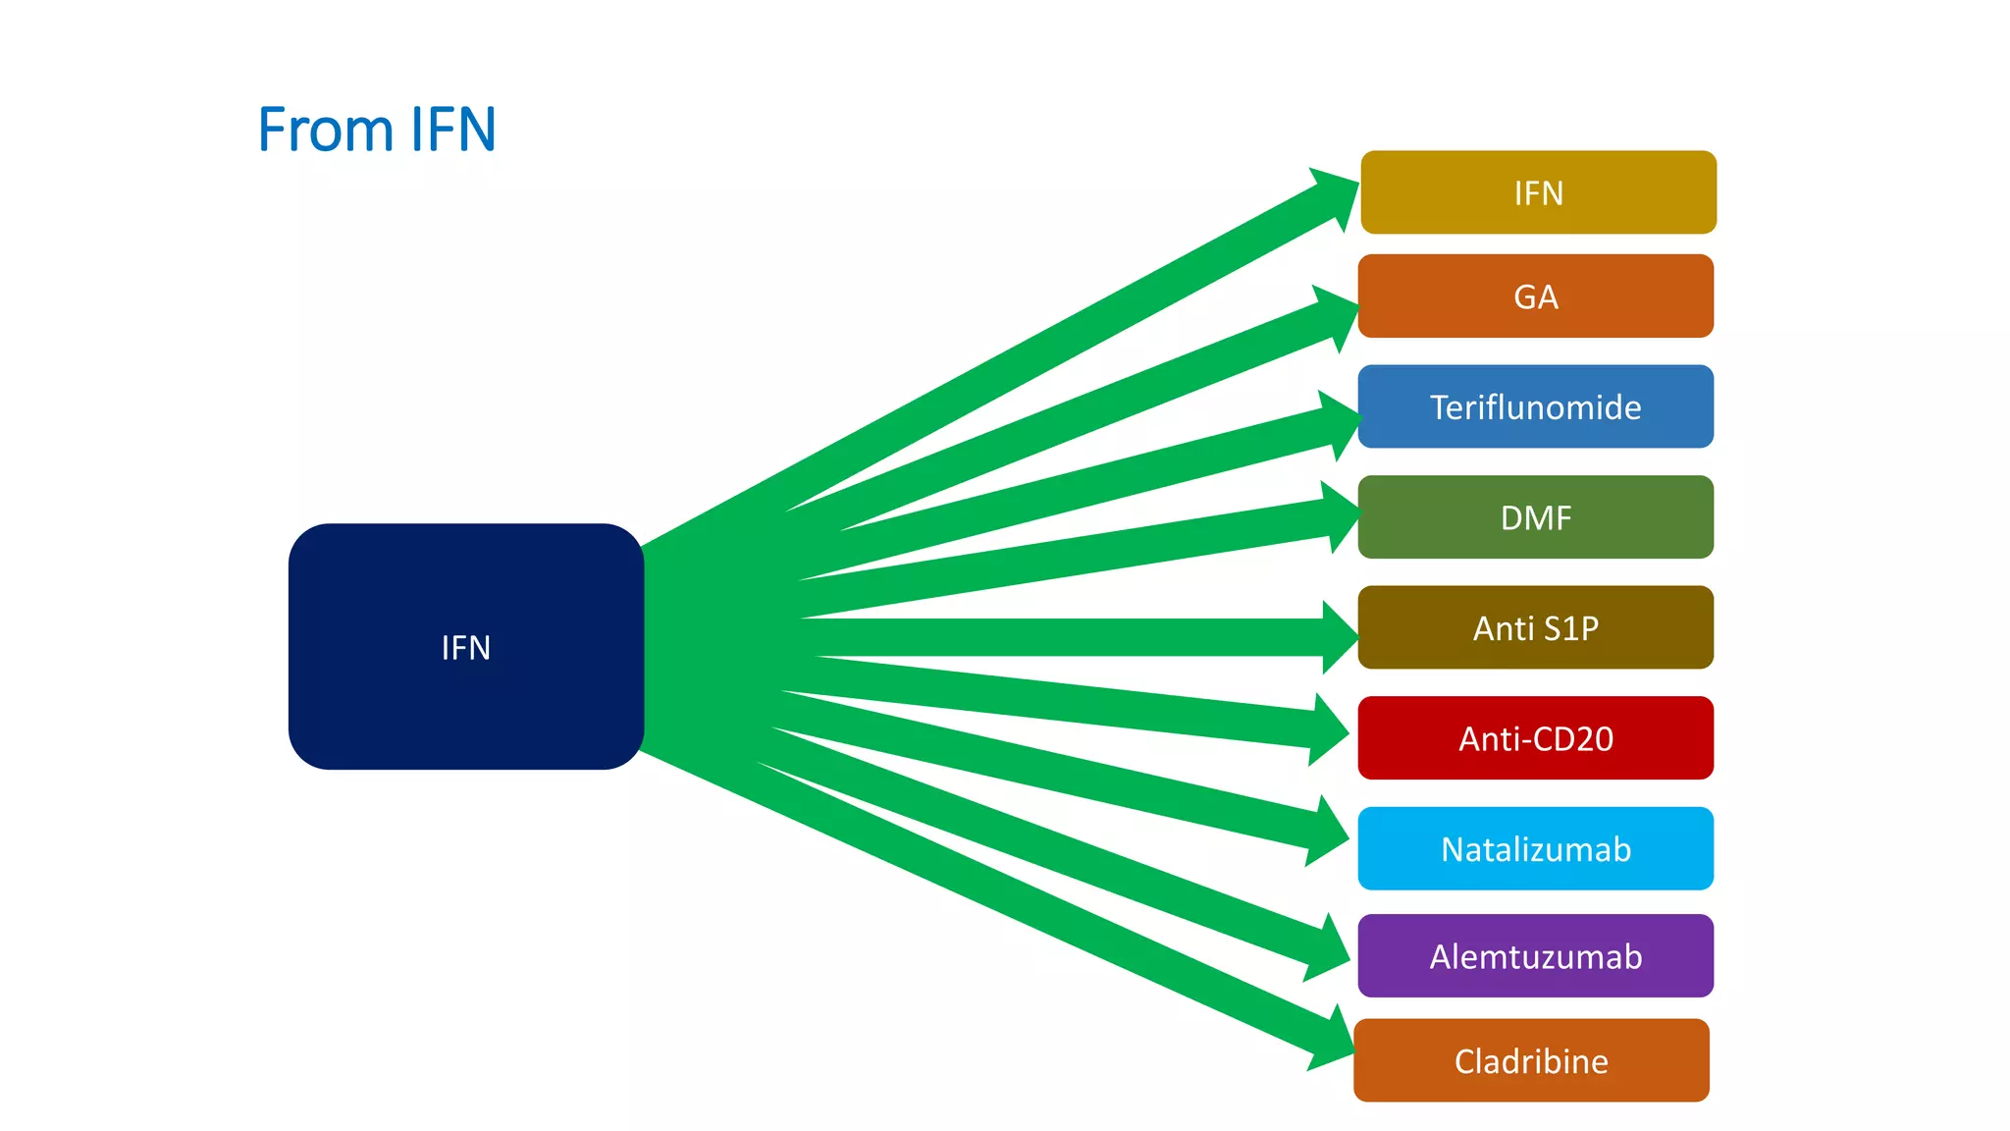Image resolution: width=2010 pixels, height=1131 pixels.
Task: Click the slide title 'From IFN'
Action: (x=377, y=129)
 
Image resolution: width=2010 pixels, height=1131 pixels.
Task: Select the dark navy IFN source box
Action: (x=466, y=646)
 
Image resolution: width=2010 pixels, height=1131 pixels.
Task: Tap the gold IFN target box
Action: (x=1538, y=192)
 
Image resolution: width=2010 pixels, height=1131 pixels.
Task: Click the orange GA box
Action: (x=1536, y=296)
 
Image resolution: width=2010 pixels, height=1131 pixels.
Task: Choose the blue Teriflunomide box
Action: (x=1536, y=406)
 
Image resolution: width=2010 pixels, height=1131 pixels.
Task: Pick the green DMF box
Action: (x=1536, y=517)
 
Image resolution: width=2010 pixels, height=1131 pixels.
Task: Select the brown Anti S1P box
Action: (x=1536, y=627)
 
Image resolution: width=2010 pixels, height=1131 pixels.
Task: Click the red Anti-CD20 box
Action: (x=1536, y=738)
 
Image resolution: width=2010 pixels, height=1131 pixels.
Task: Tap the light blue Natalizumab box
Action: (x=1536, y=848)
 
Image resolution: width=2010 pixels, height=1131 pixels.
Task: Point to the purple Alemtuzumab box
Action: (x=1536, y=956)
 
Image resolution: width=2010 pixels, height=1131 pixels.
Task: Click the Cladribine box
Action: (x=1531, y=1060)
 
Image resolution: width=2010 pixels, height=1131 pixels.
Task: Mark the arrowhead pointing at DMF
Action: (x=1341, y=516)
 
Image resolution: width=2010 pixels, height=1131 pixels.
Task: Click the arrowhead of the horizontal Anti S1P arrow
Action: (x=1339, y=637)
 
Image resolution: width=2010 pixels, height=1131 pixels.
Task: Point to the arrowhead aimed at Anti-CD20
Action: (x=1329, y=729)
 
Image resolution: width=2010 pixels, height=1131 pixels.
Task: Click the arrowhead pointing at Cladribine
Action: (x=1333, y=1041)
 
